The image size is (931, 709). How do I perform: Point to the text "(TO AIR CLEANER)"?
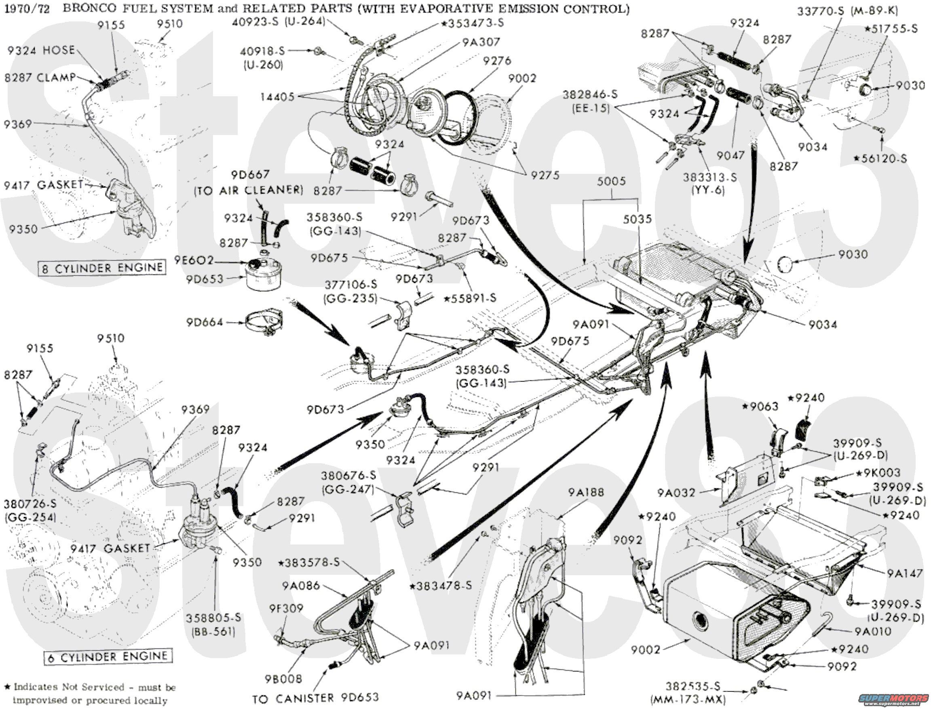click(248, 190)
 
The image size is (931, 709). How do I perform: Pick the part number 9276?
click(497, 61)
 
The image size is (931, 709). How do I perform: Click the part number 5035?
click(637, 219)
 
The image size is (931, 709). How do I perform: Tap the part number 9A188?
click(585, 492)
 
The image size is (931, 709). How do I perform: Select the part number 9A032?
click(676, 493)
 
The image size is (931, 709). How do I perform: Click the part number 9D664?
click(204, 323)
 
